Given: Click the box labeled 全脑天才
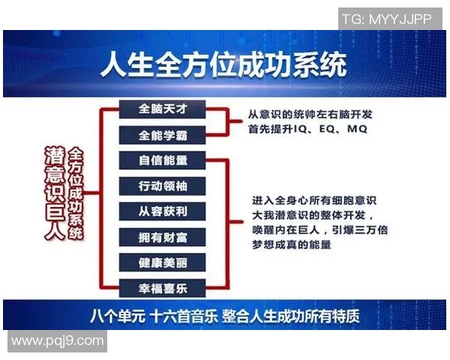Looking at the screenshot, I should click(x=162, y=109).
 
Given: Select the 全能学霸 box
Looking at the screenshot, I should click(x=162, y=136).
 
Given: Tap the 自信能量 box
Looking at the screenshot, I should click(x=162, y=160).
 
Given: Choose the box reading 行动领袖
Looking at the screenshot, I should click(x=162, y=186).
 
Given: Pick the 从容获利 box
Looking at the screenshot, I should click(x=162, y=211).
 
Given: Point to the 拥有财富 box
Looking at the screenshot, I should click(x=162, y=237).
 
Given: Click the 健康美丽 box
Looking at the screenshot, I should click(x=162, y=262).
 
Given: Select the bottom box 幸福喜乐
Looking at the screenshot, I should click(x=162, y=287).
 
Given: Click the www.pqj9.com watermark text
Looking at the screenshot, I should click(x=57, y=341).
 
